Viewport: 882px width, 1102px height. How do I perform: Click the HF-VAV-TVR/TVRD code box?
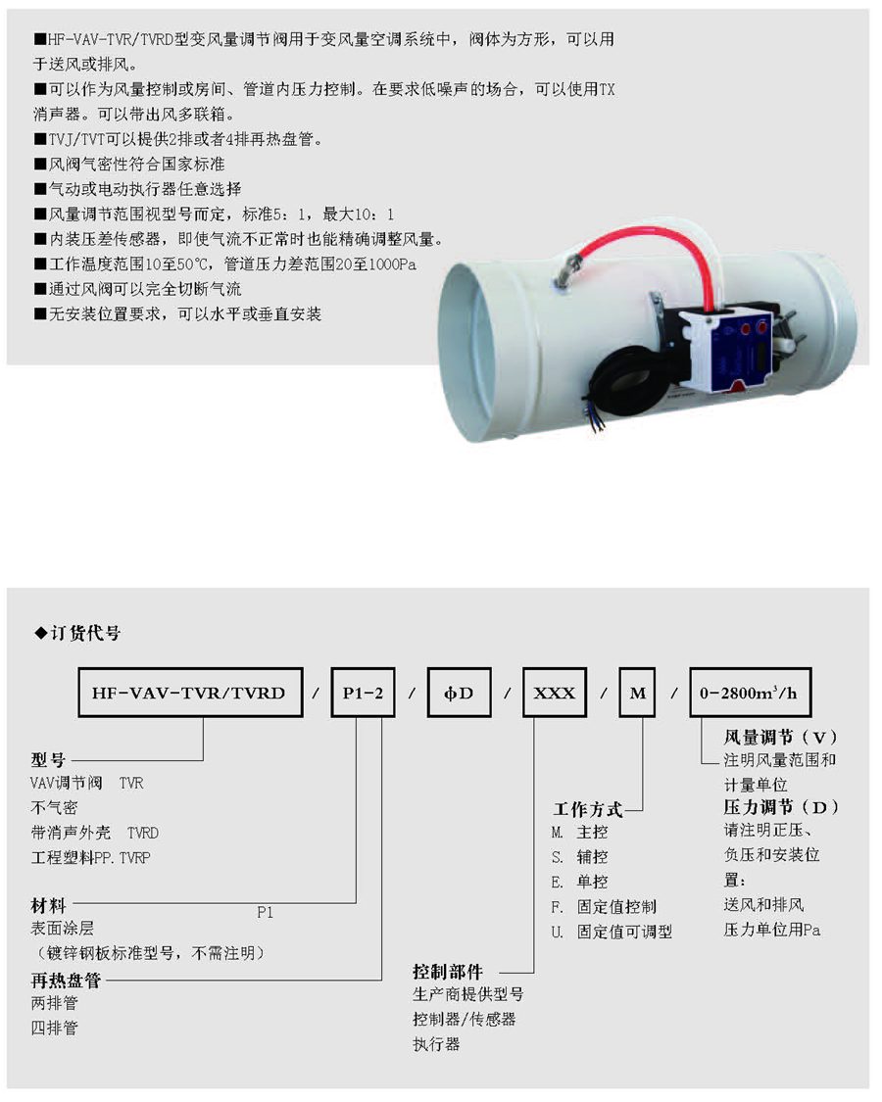(190, 693)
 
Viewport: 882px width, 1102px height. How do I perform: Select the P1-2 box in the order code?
(363, 693)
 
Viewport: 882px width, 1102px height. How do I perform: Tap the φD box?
(459, 693)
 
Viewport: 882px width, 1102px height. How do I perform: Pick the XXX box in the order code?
(555, 693)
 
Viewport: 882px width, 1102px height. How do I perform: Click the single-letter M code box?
(637, 693)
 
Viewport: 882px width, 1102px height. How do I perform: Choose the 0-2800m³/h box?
(750, 693)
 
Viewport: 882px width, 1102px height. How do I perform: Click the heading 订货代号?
(77, 633)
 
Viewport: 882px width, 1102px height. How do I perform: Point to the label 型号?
(48, 760)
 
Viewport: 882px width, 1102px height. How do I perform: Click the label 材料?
(48, 905)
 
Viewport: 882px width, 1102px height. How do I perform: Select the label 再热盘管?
(66, 980)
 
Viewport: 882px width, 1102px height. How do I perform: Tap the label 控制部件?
(448, 972)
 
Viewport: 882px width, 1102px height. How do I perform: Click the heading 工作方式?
(588, 810)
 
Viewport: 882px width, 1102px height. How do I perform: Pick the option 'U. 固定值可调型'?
(612, 932)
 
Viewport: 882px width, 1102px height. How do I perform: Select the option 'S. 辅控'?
(579, 857)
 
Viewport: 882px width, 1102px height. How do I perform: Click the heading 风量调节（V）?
(781, 738)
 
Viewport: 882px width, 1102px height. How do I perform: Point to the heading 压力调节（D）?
(781, 807)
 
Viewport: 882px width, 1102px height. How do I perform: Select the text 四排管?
(54, 1029)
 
